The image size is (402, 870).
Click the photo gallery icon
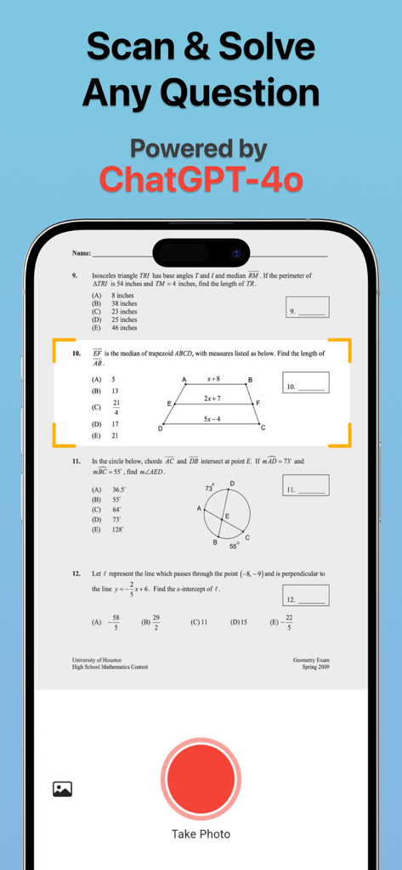tap(62, 788)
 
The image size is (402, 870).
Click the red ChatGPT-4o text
tap(201, 179)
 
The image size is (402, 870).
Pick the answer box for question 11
tap(305, 485)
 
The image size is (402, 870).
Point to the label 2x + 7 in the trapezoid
tap(212, 398)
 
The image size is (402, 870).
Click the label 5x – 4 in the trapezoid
tap(212, 419)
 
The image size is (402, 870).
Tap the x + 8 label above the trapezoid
tap(213, 379)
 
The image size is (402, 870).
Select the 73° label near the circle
tap(209, 488)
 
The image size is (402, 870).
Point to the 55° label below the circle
tap(234, 547)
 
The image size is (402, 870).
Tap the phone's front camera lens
tap(237, 253)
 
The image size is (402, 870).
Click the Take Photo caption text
tap(201, 833)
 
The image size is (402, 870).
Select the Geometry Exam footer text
tap(311, 660)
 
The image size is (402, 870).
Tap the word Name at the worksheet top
tap(82, 253)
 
